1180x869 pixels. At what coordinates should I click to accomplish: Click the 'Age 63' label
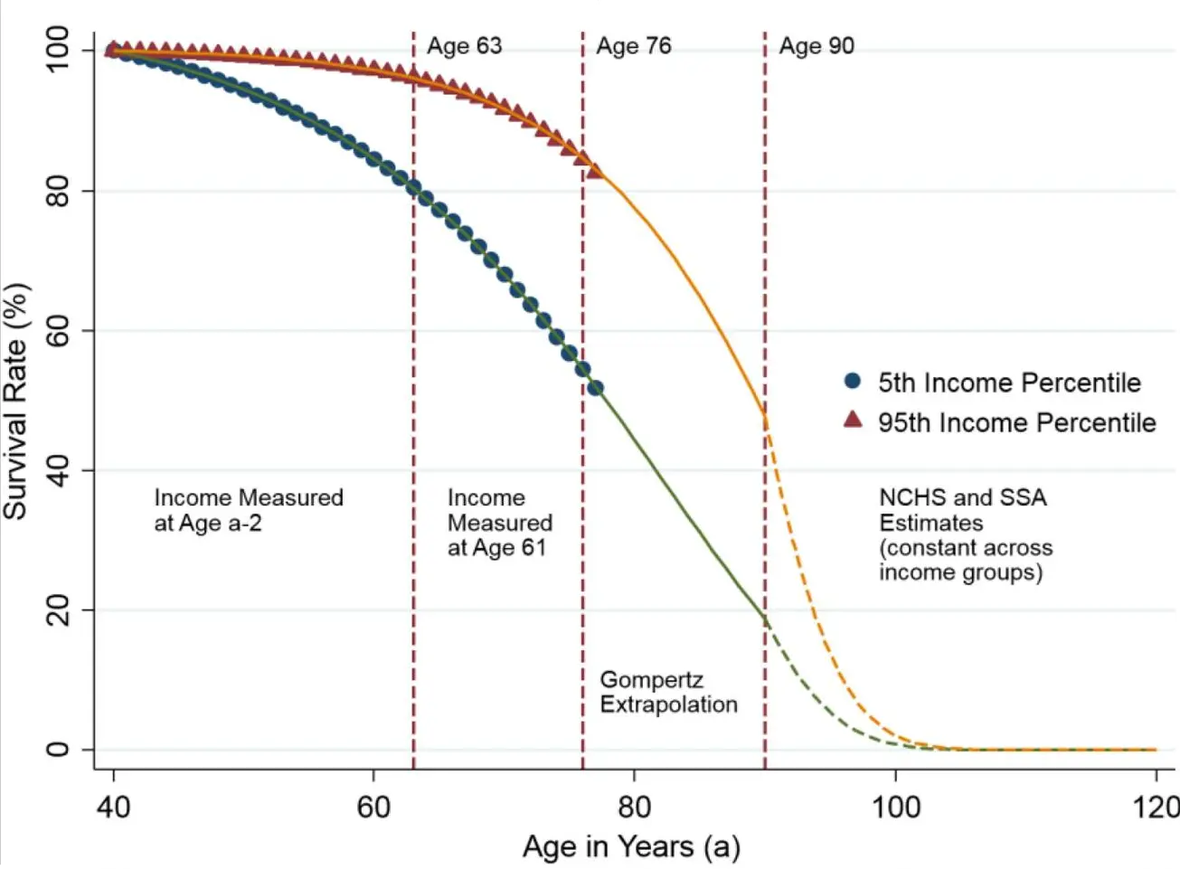point(464,46)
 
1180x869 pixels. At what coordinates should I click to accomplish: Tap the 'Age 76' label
point(633,46)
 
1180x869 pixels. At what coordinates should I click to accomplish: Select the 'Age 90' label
point(816,46)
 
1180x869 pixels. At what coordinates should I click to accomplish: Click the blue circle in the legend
point(852,381)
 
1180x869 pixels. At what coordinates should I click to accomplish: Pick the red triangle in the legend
point(852,420)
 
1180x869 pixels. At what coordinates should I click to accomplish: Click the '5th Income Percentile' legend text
point(1009,383)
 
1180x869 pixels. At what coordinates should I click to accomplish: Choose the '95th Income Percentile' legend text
point(1016,422)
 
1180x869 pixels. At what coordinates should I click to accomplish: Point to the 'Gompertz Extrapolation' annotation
point(668,692)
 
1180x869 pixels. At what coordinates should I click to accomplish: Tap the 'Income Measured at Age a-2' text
point(249,510)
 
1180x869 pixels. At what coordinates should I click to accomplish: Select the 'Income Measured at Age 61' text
point(499,523)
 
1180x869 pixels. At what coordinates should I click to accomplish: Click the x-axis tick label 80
point(634,806)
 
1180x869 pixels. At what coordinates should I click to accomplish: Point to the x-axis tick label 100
point(895,806)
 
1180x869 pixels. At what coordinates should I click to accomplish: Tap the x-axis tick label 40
point(113,806)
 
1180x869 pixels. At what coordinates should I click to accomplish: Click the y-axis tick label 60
point(58,331)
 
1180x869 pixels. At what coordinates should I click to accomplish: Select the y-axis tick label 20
point(58,610)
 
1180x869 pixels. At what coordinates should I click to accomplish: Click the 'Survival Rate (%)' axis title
point(16,401)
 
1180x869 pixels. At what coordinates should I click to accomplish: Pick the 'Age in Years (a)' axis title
point(631,847)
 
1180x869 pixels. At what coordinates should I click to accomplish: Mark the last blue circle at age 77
point(595,388)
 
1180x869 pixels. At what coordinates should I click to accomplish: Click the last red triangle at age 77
point(595,170)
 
